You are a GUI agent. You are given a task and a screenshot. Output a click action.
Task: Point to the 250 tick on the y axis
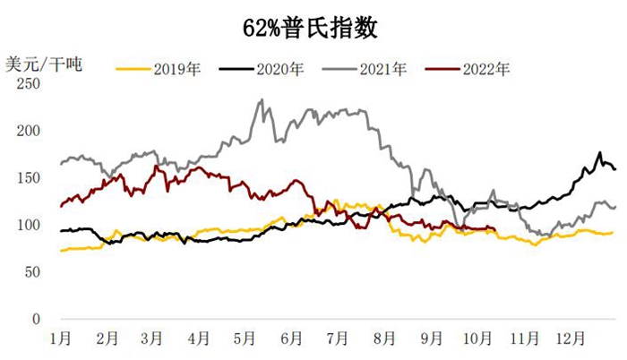point(30,84)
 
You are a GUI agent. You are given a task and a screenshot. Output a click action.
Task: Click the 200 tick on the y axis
point(30,131)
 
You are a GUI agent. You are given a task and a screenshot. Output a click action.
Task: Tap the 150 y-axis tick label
point(30,178)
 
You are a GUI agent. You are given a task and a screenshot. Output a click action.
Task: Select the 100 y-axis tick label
point(30,225)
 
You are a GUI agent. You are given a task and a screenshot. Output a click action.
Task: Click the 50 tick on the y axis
point(33,272)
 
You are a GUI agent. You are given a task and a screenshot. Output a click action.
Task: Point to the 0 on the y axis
point(37,319)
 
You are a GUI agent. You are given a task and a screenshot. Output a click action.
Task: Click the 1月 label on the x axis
point(61,339)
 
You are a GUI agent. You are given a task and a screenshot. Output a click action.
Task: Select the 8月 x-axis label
point(384,339)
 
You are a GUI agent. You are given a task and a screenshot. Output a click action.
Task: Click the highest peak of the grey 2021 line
point(261,100)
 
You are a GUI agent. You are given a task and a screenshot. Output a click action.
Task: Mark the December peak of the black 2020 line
point(600,153)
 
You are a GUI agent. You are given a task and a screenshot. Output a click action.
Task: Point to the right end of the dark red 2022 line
point(496,230)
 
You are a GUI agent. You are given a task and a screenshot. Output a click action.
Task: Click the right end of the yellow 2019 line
point(613,232)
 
